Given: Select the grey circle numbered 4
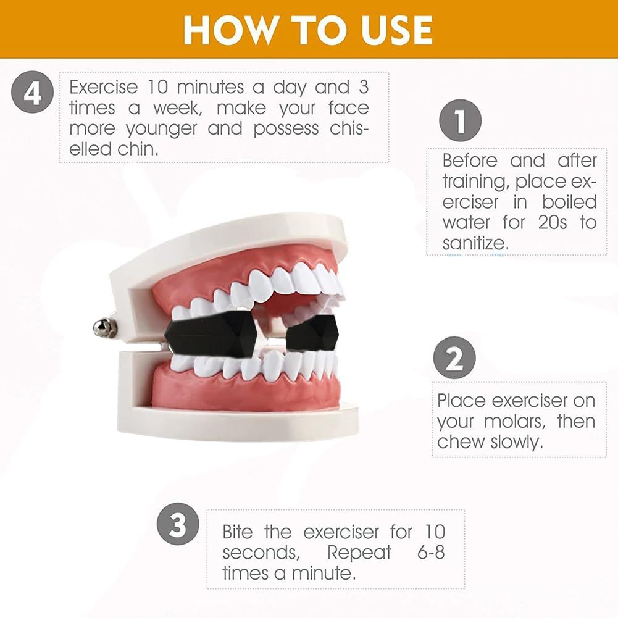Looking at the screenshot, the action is (32, 92).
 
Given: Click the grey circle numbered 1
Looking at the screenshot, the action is (461, 120).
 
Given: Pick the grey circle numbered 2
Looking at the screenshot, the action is (454, 358).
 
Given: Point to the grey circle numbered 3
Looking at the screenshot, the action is (178, 524).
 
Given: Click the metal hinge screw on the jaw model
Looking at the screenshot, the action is (104, 328).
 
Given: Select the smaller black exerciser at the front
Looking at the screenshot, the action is (312, 333).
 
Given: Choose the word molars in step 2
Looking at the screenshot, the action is (515, 422).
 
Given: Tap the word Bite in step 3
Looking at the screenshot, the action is (237, 532).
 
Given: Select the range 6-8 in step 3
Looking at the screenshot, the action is (431, 553).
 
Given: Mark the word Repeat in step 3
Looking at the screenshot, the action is (359, 553).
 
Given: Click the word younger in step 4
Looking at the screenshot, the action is (161, 129).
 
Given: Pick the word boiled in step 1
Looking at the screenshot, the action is (569, 202).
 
